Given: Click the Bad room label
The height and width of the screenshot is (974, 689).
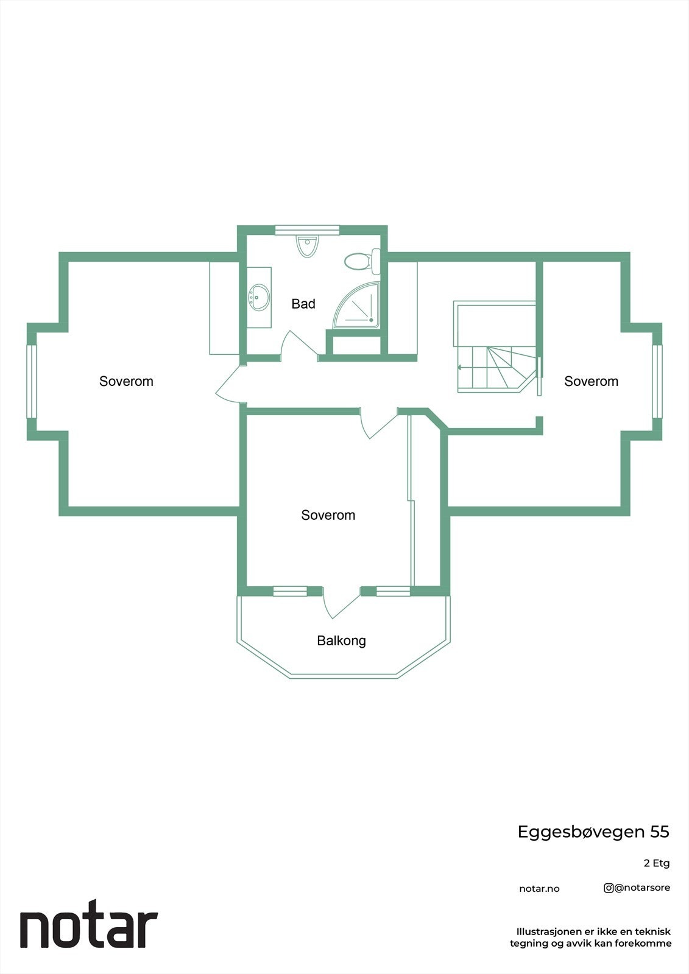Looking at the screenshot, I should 303,304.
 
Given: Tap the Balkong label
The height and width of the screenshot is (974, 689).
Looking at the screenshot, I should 341,640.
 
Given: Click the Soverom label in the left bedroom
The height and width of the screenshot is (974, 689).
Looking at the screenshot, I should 126,381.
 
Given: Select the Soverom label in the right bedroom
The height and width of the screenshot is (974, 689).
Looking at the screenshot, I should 591,381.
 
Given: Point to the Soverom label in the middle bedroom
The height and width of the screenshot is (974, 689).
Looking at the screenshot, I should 328,515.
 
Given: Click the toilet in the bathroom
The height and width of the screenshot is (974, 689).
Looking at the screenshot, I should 361,262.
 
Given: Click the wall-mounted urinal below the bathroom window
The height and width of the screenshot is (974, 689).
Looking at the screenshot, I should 307,246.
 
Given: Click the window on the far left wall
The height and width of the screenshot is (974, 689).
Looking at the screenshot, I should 32,381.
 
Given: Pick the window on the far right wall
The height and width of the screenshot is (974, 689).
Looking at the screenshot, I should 657,381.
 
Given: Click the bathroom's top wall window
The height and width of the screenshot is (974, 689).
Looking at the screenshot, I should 306,229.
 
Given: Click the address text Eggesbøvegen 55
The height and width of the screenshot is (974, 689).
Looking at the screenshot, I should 593,832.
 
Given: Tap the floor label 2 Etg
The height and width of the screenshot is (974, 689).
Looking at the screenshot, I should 656,863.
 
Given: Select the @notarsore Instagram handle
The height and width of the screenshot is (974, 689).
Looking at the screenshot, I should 637,888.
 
